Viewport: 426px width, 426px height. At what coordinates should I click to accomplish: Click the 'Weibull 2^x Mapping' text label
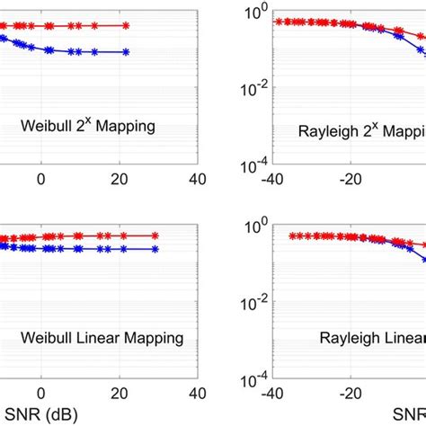(88, 127)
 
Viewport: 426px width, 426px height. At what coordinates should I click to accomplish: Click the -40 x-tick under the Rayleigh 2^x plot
(271, 178)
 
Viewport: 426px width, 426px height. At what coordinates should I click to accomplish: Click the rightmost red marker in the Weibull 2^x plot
(126, 26)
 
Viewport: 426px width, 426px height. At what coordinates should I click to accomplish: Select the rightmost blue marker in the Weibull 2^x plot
(126, 52)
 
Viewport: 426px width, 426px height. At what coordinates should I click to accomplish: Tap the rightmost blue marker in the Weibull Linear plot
(155, 248)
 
